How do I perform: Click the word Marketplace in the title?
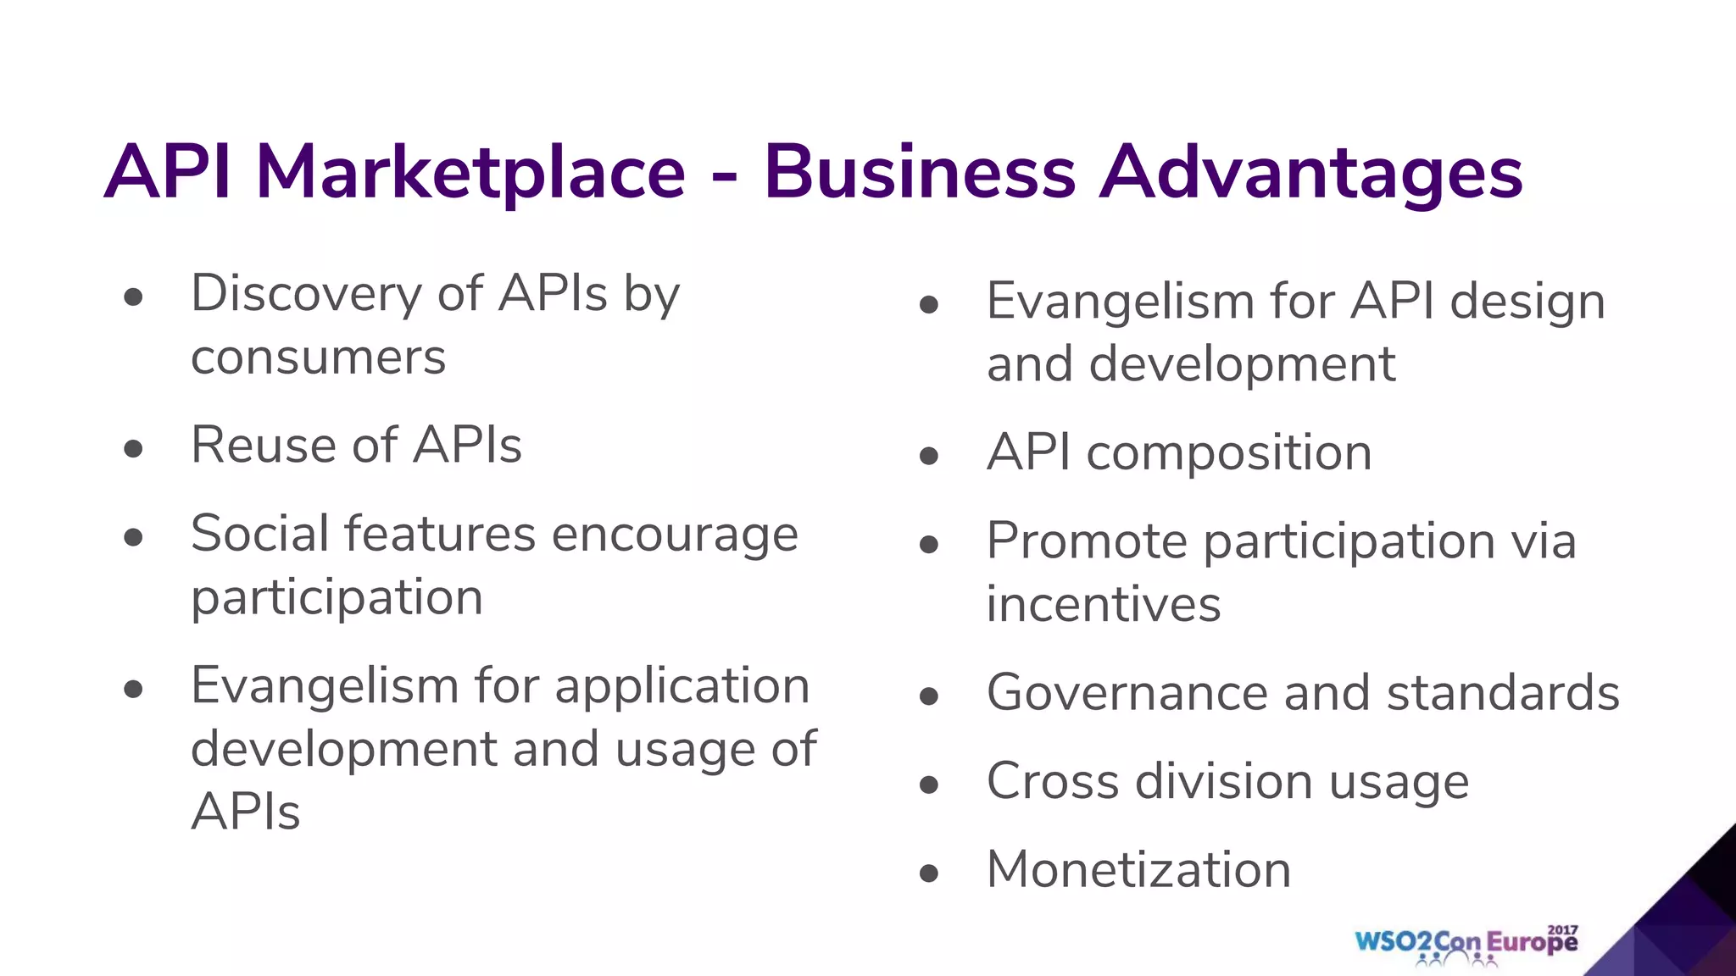coord(470,173)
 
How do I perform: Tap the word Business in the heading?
coord(920,173)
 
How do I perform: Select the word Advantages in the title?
coord(1310,175)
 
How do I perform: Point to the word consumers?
coord(318,358)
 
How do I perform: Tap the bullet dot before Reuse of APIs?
coord(133,448)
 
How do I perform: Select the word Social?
coord(259,534)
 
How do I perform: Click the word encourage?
coord(675,535)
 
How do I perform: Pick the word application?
coord(682,685)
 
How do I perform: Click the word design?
coord(1527,302)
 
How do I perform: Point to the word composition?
coord(1228,453)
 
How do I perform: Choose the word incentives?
coord(1104,604)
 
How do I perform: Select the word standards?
coord(1503,693)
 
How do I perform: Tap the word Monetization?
coord(1138,869)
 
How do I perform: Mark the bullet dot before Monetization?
coord(929,873)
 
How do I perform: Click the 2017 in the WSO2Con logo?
coord(1562,930)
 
